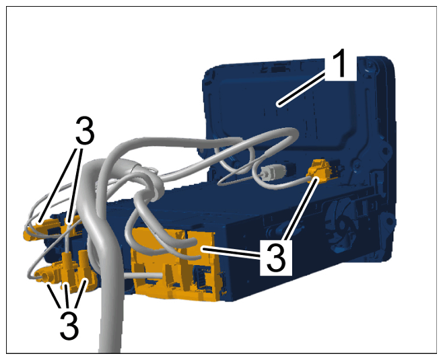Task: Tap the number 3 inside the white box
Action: coord(276,258)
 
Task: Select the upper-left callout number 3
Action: coord(85,131)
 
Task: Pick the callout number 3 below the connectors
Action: coord(69,326)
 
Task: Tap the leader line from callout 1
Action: coord(301,89)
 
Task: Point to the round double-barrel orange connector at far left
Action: coord(45,275)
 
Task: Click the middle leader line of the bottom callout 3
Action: coord(67,297)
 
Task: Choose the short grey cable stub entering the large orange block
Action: coord(143,276)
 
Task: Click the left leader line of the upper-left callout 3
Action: coord(59,184)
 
